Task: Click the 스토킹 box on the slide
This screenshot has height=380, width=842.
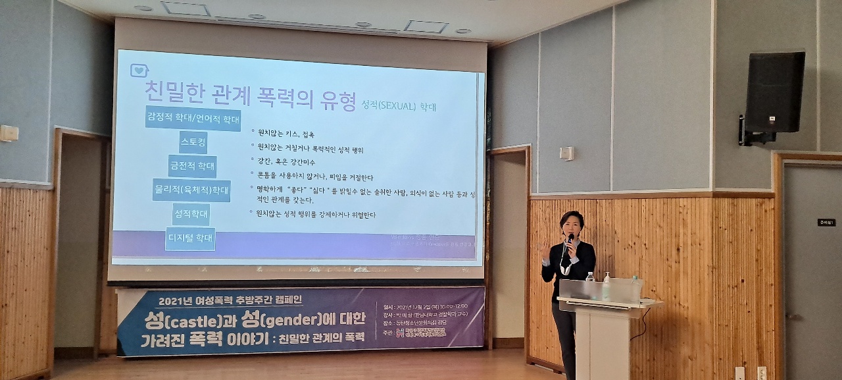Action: (193, 142)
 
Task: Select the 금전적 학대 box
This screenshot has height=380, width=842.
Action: (192, 167)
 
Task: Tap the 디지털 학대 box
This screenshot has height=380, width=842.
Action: (190, 238)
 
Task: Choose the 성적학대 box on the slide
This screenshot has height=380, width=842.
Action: (191, 214)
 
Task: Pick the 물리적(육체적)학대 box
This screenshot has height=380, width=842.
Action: (191, 190)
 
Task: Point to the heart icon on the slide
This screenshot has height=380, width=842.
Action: (139, 70)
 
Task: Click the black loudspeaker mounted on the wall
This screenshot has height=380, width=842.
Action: (774, 92)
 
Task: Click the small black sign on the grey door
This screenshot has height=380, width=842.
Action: (826, 223)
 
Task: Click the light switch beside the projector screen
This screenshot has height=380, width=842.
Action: (566, 153)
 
